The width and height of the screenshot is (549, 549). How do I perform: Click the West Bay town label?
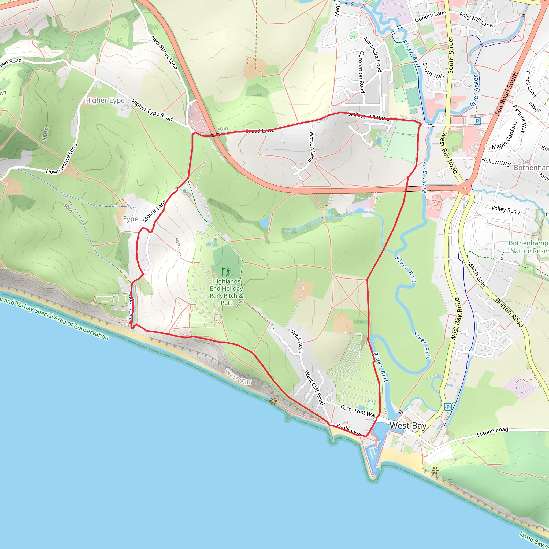pos(408,426)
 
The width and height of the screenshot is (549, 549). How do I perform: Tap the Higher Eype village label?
pos(105,100)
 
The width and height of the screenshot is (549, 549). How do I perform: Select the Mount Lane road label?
pos(154,211)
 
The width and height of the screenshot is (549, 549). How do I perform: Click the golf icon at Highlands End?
pos(227,272)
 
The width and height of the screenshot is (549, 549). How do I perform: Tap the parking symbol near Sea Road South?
pos(477,121)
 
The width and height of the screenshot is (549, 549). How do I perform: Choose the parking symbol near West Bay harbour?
pos(448,407)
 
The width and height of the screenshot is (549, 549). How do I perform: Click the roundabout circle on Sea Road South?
pos(465,188)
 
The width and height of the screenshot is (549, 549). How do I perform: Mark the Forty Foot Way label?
pos(359,411)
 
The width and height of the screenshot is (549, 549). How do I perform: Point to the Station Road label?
pos(492,432)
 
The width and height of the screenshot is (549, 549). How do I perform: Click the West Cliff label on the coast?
pos(238,377)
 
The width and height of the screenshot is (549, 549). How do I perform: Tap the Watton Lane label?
pos(312,147)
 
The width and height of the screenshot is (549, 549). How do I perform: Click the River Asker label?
pos(474,91)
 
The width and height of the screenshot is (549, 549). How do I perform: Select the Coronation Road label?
pos(361,72)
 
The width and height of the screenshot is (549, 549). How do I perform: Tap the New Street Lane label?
pos(164,53)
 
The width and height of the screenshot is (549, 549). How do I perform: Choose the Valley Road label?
pos(506,210)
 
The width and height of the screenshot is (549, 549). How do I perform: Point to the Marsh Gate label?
pos(477,274)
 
